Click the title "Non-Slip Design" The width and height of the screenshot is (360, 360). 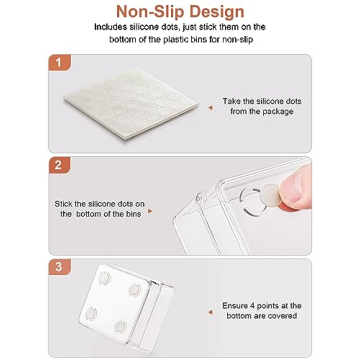[x=181, y=12]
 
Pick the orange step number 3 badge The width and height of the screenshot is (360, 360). [x=58, y=267]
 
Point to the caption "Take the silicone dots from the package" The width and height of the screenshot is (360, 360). [x=261, y=106]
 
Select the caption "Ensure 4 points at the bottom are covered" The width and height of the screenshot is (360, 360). [x=261, y=310]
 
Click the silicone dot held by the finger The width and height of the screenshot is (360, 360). [x=271, y=198]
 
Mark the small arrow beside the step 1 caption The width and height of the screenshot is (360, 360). [x=210, y=107]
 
